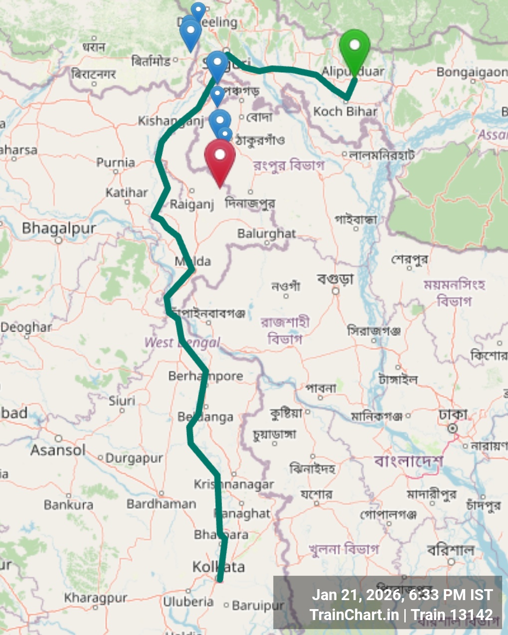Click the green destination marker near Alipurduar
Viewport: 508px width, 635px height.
(354, 50)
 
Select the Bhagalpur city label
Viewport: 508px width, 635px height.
(59, 229)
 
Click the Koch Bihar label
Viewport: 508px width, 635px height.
(345, 111)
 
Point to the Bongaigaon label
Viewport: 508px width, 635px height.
(471, 72)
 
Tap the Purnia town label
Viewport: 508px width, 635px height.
(116, 162)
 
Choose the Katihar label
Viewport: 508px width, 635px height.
(127, 192)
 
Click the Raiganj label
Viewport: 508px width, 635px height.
(191, 204)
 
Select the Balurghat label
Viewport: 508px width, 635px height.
(266, 233)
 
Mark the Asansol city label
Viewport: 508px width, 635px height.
(58, 450)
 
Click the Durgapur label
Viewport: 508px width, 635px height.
(134, 458)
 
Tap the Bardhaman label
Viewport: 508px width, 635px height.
(161, 504)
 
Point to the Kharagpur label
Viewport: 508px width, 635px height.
(96, 598)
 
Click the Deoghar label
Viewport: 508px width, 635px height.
(26, 327)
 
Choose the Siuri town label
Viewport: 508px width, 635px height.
(122, 401)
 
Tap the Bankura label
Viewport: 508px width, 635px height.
(68, 505)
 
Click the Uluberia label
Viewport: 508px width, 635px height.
(188, 602)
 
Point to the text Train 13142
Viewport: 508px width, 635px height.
(452, 615)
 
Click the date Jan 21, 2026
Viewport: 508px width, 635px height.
(356, 595)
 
